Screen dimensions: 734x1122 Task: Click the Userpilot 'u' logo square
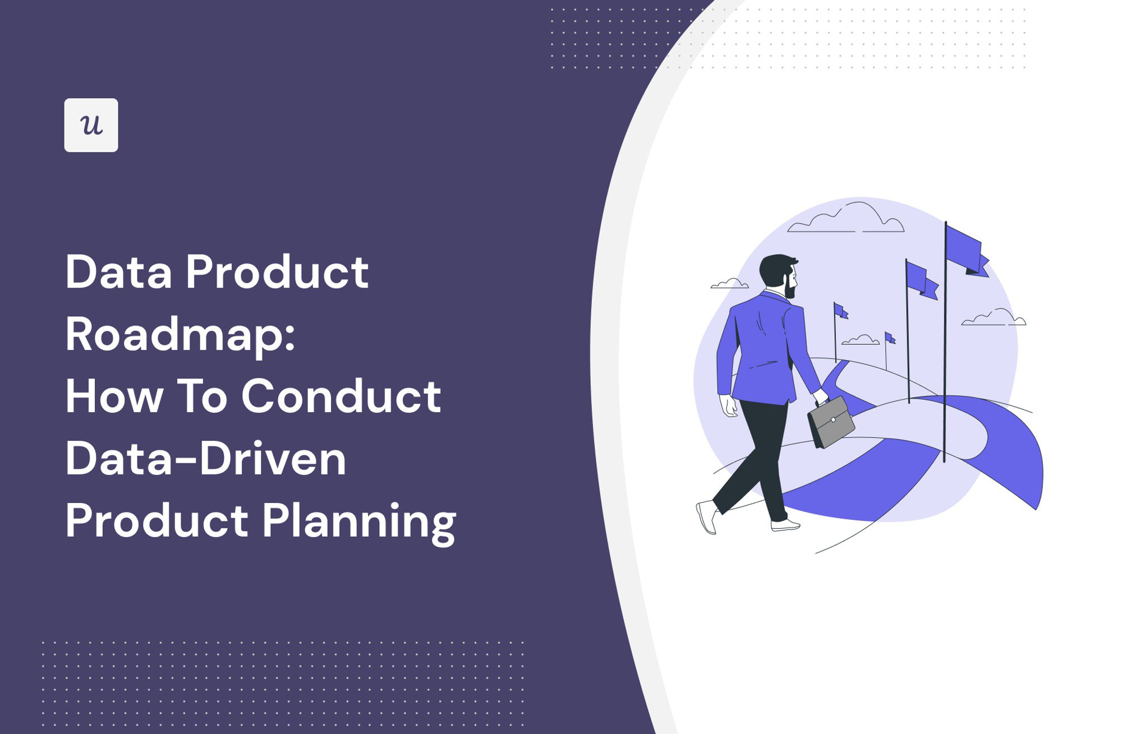(91, 125)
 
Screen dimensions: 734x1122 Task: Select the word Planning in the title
(359, 521)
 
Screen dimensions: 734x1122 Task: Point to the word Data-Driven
(205, 459)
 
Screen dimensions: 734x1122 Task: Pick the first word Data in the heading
(118, 273)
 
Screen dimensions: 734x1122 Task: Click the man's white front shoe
(785, 525)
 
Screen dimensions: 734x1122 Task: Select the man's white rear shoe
(707, 516)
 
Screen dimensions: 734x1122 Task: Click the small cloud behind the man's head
(730, 284)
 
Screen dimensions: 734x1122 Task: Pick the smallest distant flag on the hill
(889, 338)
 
